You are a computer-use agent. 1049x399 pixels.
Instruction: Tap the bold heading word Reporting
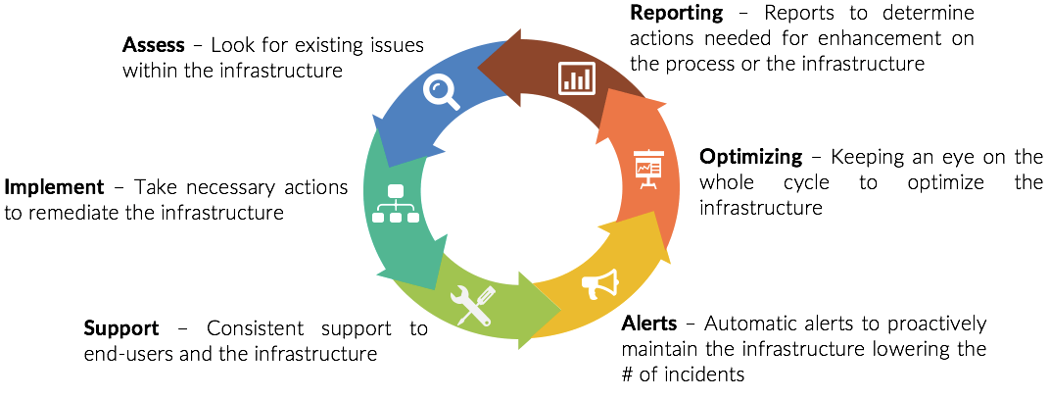coord(677,14)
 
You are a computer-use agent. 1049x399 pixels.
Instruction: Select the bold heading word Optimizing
coord(750,158)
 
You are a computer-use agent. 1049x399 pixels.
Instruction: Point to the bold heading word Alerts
coord(650,324)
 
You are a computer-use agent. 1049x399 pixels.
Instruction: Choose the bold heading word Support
coord(120,328)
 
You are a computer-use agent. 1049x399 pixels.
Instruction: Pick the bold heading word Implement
coord(55,187)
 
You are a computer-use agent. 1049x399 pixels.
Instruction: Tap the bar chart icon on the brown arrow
coord(577,77)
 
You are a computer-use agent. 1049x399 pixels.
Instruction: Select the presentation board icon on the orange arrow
coord(647,170)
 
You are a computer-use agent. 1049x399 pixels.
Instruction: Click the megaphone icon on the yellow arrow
coord(600,284)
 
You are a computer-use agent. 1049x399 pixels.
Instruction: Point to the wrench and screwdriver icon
coord(472,305)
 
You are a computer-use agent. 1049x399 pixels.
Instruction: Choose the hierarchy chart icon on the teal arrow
coord(396,204)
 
